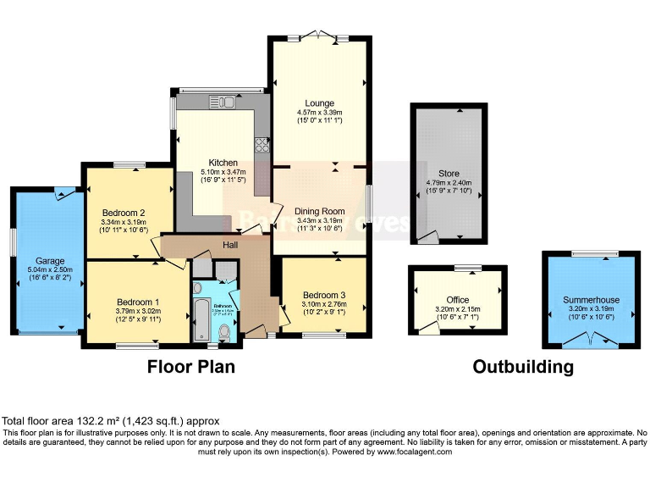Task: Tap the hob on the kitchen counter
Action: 262,145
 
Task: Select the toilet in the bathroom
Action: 223,333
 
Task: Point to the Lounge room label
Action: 319,103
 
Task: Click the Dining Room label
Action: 319,211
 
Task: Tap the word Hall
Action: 230,243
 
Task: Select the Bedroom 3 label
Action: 322,296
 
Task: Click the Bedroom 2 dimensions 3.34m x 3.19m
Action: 125,222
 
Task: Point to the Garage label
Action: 49,261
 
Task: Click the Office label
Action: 457,300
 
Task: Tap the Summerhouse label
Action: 591,300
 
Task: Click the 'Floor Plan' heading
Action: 191,367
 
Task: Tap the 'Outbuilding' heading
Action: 522,367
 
